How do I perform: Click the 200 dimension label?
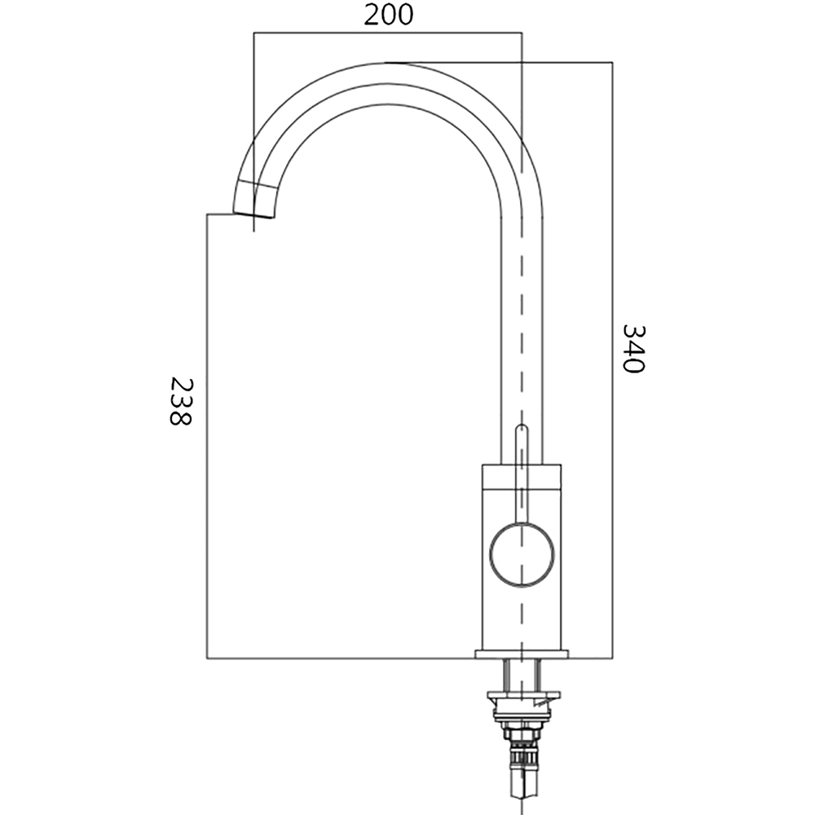(x=388, y=15)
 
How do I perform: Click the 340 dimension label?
(x=633, y=348)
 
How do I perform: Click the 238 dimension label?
(x=181, y=401)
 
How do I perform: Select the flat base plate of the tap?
(x=522, y=654)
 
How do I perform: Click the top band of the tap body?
(x=522, y=476)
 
